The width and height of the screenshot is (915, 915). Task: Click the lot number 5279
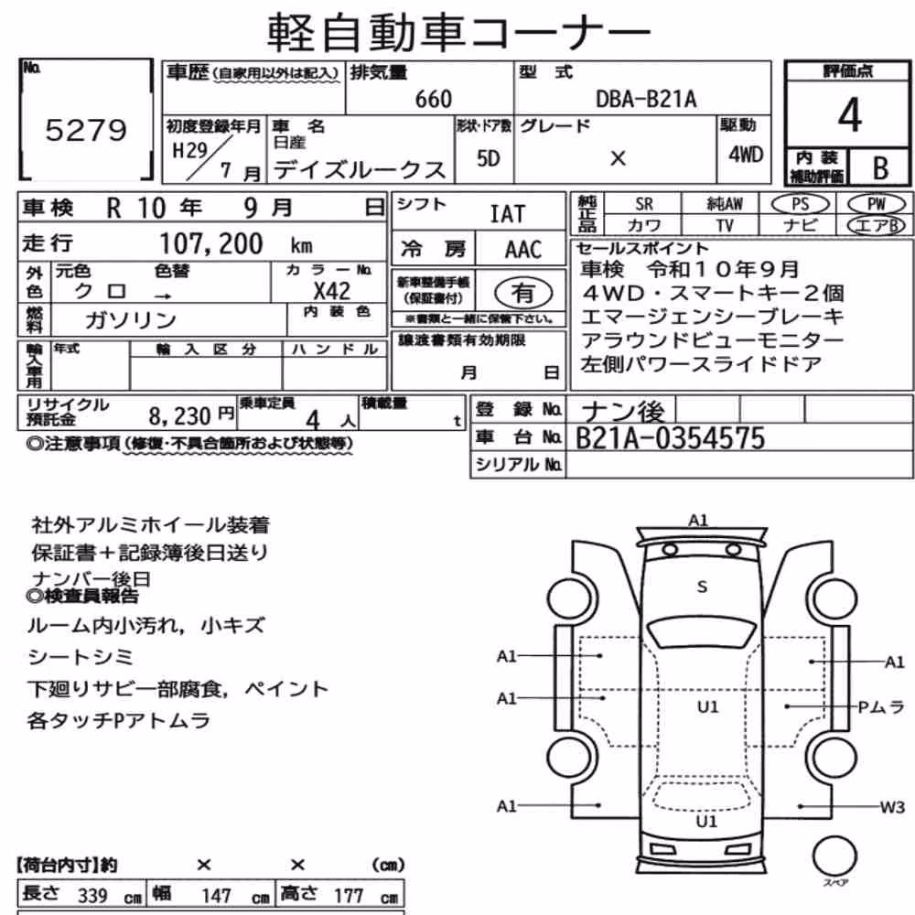86,130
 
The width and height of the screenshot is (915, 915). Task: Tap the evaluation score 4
849,114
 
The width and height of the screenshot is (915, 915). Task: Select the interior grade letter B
880,168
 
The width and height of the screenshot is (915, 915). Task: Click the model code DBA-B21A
646,99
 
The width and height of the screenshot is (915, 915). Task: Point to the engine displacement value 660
434,99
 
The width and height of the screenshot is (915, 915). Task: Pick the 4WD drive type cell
745,155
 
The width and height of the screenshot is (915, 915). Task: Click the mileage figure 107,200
211,243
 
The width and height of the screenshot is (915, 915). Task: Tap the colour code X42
331,291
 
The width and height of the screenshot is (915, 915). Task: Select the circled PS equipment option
800,204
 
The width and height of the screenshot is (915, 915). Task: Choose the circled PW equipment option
876,204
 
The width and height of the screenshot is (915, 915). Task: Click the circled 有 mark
522,293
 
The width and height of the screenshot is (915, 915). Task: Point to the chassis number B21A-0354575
670,438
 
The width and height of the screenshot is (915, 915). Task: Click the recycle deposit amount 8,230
179,416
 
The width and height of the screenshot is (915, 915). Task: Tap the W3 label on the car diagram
892,807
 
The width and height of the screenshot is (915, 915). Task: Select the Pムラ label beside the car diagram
880,707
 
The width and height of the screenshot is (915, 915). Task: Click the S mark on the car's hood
702,587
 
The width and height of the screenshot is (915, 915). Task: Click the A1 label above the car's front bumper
698,520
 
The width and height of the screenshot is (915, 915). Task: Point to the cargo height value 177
349,896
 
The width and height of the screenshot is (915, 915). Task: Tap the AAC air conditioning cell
522,250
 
